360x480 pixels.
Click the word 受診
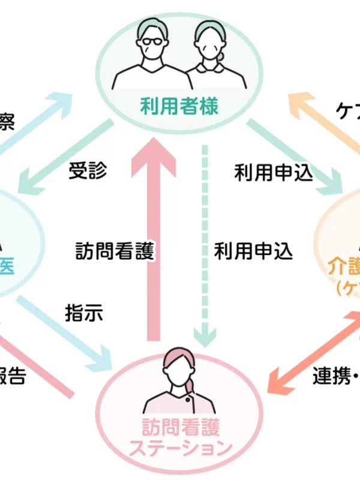tap(88, 171)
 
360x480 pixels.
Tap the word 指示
tap(83, 313)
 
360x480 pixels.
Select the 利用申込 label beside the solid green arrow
tap(274, 173)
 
